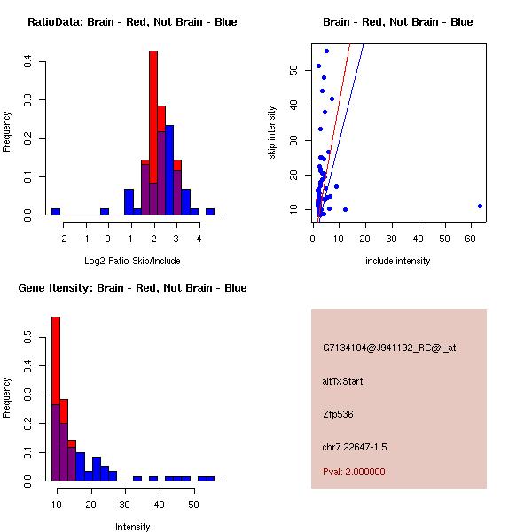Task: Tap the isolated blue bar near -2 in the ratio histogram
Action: (x=56, y=212)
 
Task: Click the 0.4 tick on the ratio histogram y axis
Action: (x=28, y=61)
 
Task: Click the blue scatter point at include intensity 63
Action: (x=480, y=206)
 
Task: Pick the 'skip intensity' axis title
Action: (x=272, y=133)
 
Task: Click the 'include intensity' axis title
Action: (x=397, y=261)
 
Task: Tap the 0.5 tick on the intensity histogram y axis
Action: (x=28, y=338)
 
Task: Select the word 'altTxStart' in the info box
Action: (x=342, y=381)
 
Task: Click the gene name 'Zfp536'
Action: (x=338, y=414)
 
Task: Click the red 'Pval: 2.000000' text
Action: (x=354, y=472)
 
